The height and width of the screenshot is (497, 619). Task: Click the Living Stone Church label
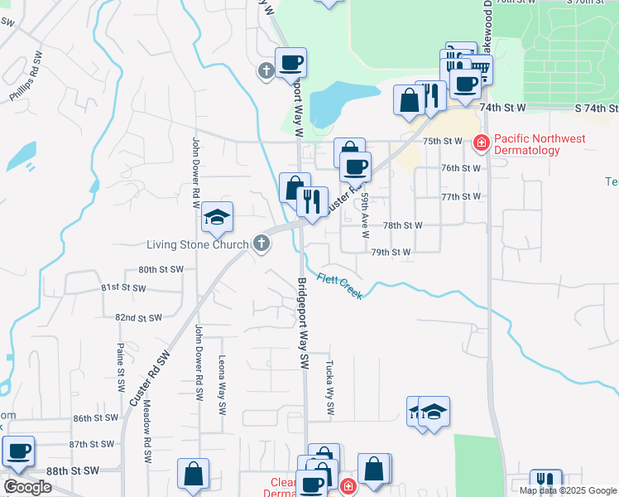tap(197, 244)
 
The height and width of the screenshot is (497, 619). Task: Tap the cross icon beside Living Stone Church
tap(262, 243)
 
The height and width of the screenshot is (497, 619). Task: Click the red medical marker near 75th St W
tap(480, 143)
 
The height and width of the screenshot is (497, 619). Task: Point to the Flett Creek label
tap(339, 286)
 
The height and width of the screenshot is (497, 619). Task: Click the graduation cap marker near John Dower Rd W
tap(218, 217)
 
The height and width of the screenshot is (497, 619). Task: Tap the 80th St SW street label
tap(161, 270)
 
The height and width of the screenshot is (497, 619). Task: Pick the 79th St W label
tap(391, 252)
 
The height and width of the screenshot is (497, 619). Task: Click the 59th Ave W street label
tap(364, 214)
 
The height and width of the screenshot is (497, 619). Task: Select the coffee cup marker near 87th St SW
tap(18, 451)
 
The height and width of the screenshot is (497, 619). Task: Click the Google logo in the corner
tap(27, 487)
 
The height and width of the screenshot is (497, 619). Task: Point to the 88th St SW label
tap(73, 470)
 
